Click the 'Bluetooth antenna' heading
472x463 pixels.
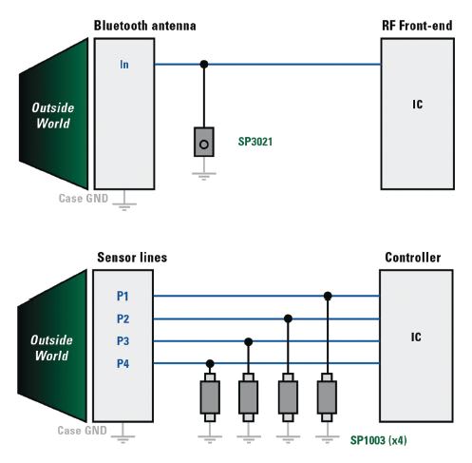[x=144, y=26]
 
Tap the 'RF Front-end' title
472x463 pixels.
[x=417, y=26]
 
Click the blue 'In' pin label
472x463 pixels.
[x=124, y=65]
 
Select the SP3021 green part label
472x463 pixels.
[x=255, y=142]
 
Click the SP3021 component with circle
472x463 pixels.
[x=204, y=142]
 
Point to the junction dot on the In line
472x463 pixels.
[x=204, y=65]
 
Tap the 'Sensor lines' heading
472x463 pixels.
[x=132, y=258]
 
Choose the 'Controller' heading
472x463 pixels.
[x=413, y=258]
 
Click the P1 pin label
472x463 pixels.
[x=123, y=296]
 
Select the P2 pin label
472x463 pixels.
[x=123, y=318]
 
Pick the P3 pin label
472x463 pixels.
[x=123, y=341]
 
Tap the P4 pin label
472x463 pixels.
[x=123, y=363]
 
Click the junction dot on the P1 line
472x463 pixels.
[x=328, y=296]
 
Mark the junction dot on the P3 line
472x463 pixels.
[x=249, y=341]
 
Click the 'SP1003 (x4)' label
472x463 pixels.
[x=378, y=440]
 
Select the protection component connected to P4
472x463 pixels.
[x=210, y=397]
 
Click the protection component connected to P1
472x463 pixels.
[x=327, y=397]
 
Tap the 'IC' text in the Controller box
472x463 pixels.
[x=416, y=337]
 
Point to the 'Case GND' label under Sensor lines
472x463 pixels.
[x=82, y=431]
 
